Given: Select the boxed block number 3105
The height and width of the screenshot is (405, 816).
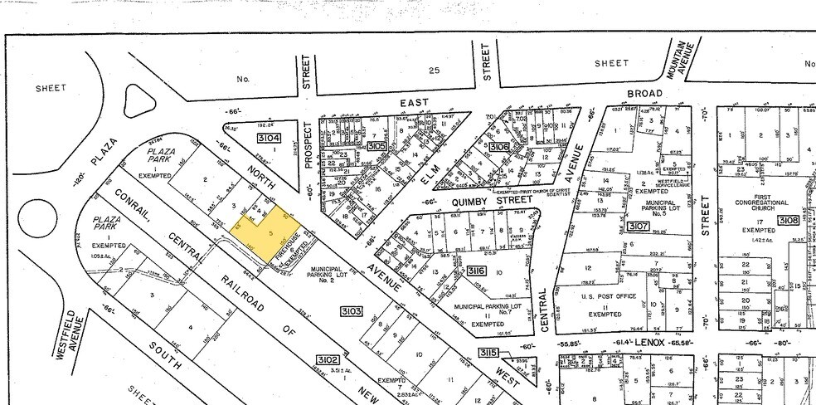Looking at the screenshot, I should point(376,146).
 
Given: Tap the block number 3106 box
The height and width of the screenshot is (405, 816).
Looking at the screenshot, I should point(499,146).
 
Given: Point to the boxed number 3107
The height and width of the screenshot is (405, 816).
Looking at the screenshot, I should point(639,225).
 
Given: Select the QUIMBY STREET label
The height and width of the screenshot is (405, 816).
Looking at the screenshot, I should point(474,199).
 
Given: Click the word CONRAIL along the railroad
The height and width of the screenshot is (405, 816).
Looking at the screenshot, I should point(129,202).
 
